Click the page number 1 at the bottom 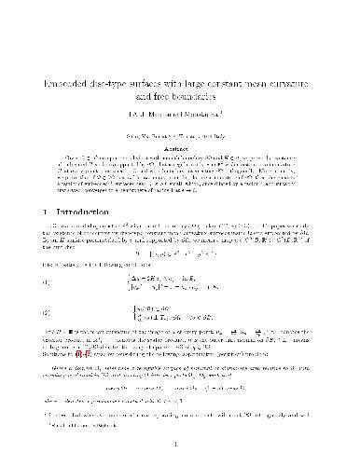[x=180, y=445]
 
